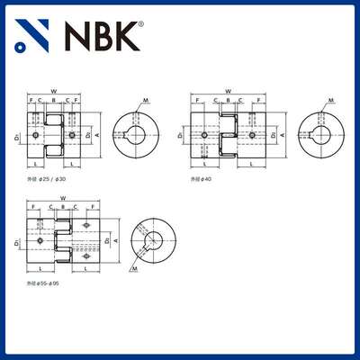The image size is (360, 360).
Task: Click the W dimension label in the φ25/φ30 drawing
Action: [54, 90]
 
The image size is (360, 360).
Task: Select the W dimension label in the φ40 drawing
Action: [228, 90]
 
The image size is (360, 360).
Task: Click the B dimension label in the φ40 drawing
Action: [228, 99]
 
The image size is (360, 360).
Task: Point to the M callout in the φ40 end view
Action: [331, 100]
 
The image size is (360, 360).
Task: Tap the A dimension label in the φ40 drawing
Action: [284, 135]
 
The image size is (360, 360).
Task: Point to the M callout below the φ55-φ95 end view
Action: [134, 268]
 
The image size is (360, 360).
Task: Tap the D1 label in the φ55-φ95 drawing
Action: [19, 241]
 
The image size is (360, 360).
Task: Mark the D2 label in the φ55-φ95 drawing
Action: [108, 241]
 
